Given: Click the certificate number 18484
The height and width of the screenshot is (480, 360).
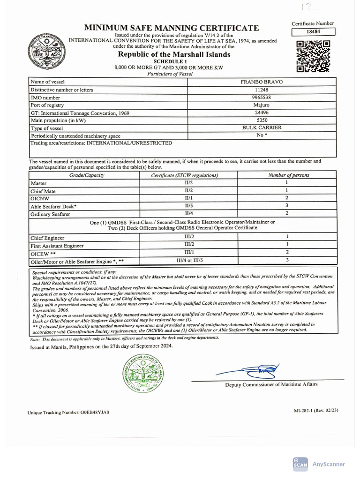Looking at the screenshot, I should click(313, 32).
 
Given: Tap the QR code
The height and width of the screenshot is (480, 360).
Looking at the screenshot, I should click(314, 56).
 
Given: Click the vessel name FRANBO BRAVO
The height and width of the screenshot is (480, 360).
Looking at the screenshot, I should click(262, 82).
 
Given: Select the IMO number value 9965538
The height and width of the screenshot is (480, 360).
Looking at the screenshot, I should click(262, 97).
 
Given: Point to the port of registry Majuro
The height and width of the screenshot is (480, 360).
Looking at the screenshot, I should click(262, 105).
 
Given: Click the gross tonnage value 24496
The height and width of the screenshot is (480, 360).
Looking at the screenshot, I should click(262, 113).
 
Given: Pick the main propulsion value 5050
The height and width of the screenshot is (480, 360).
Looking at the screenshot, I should click(262, 120).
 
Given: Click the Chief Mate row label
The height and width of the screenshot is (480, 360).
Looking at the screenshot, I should click(43, 191).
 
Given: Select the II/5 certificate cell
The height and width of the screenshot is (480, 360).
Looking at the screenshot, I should click(189, 206).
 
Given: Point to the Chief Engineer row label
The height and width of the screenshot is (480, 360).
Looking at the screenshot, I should click(47, 238).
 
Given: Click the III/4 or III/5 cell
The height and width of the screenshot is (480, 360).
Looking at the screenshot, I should click(189, 260).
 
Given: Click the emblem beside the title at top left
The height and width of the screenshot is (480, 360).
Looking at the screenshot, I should click(47, 52).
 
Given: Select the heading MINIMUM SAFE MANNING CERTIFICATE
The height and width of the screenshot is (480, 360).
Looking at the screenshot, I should click(172, 28).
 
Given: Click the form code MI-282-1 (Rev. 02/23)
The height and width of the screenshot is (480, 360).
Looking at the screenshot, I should click(316, 410).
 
